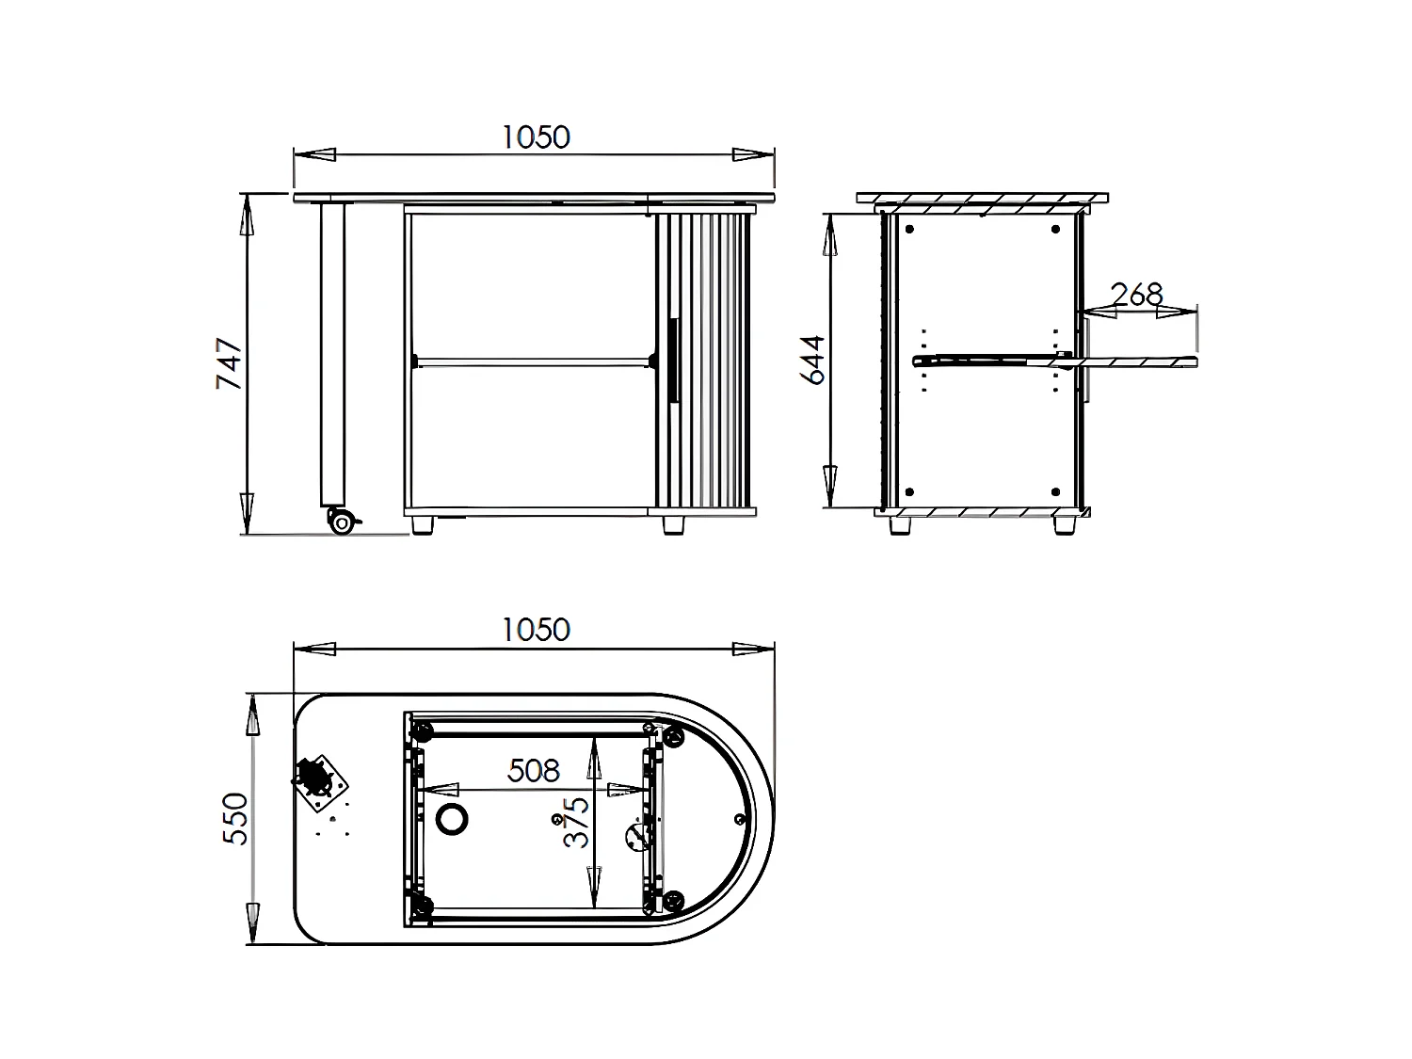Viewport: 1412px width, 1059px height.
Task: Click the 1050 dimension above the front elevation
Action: [x=535, y=137]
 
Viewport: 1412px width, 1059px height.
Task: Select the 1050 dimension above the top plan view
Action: [x=535, y=629]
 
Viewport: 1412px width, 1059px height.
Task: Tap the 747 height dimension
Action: [x=230, y=363]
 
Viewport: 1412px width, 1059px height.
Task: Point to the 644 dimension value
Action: [x=812, y=359]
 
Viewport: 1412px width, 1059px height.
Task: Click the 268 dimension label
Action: [x=1137, y=295]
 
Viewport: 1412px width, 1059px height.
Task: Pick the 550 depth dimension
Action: [x=235, y=819]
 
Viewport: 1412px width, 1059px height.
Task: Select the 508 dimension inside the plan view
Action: [x=533, y=771]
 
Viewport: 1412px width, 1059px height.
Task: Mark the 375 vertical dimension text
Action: [x=576, y=822]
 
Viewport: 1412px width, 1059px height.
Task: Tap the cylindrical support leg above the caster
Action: [x=332, y=353]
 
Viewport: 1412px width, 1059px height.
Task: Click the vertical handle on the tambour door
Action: [x=673, y=361]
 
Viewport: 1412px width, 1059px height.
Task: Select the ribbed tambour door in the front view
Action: [x=704, y=361]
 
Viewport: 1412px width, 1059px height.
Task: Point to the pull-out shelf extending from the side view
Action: [x=1139, y=360]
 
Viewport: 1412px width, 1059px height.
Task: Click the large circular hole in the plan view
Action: [x=453, y=818]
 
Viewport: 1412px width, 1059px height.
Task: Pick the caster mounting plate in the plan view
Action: [x=321, y=780]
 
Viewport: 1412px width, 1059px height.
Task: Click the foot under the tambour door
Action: [x=673, y=524]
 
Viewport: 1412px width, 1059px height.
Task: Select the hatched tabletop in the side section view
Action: [x=982, y=199]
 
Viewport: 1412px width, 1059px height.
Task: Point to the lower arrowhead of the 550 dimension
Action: [x=251, y=919]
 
